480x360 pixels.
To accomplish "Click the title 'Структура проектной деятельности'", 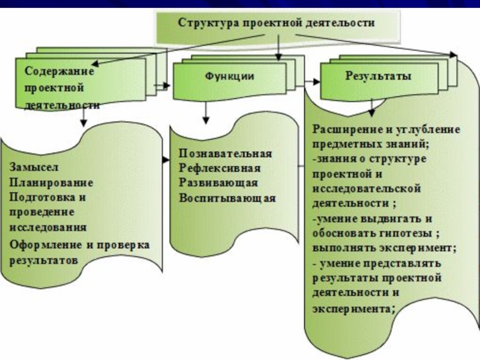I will click(276, 23).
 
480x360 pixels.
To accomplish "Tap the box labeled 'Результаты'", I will click(378, 76).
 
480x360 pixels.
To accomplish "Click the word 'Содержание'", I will click(60, 70).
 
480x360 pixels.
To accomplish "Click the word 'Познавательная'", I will click(226, 154).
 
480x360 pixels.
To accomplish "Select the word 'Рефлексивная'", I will click(220, 168).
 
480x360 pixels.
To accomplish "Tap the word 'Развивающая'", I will click(218, 183).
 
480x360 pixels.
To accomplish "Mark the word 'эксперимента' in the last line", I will click(352, 309).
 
